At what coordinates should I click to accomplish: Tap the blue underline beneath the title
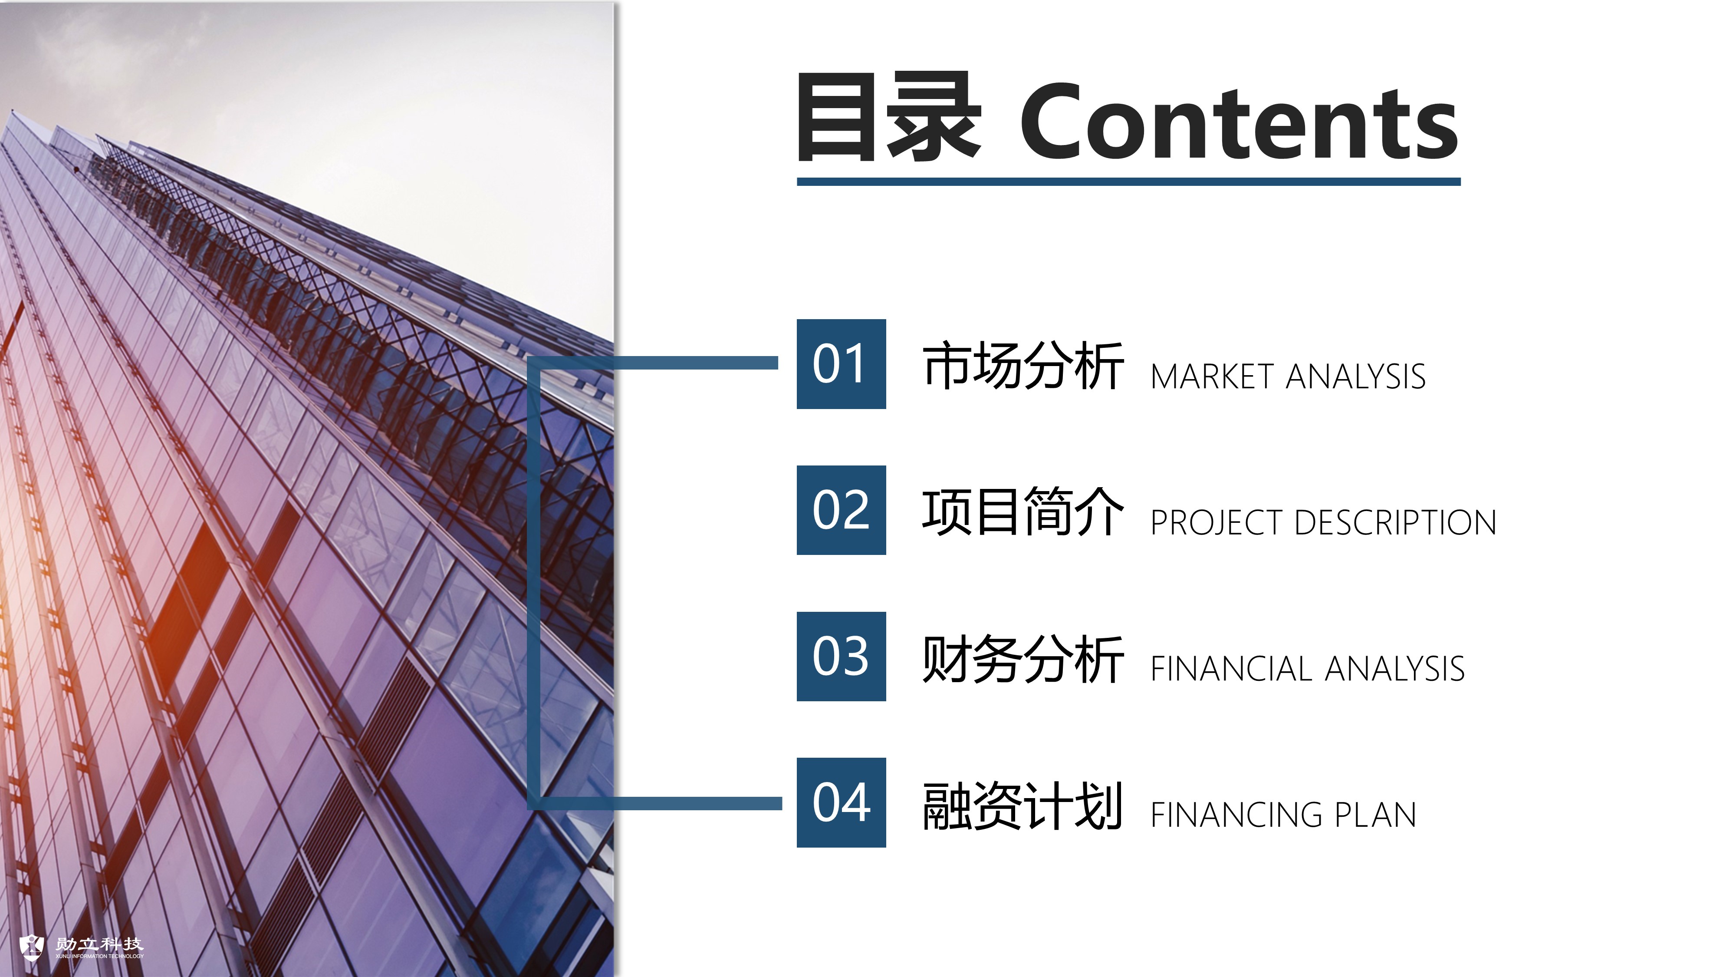click(x=1129, y=182)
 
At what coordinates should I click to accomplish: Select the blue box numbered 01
click(x=841, y=364)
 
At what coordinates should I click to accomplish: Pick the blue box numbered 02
click(x=841, y=510)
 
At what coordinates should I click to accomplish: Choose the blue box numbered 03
click(x=841, y=656)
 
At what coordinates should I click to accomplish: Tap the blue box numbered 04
click(x=841, y=802)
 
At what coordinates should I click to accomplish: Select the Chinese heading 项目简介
click(x=1023, y=512)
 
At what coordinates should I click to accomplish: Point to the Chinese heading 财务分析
click(x=1023, y=658)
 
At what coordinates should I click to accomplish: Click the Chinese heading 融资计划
click(x=1023, y=805)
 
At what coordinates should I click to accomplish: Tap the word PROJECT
click(x=1217, y=522)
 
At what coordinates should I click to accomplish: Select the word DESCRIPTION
click(x=1396, y=522)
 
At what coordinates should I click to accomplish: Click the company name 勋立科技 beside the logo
click(x=99, y=944)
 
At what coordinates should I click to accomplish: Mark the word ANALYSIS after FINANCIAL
click(x=1394, y=669)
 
